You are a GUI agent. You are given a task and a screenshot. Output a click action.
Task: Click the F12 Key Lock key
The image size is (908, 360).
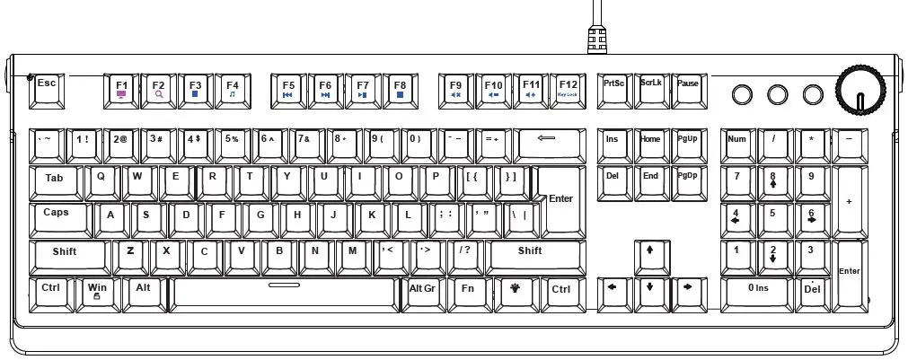click(x=568, y=88)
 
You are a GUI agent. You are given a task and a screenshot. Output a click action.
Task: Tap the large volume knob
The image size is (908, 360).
click(x=860, y=89)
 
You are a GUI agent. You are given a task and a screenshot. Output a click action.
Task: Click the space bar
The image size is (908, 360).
click(x=284, y=292)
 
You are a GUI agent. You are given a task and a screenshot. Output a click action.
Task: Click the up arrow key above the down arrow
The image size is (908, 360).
click(x=650, y=253)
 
